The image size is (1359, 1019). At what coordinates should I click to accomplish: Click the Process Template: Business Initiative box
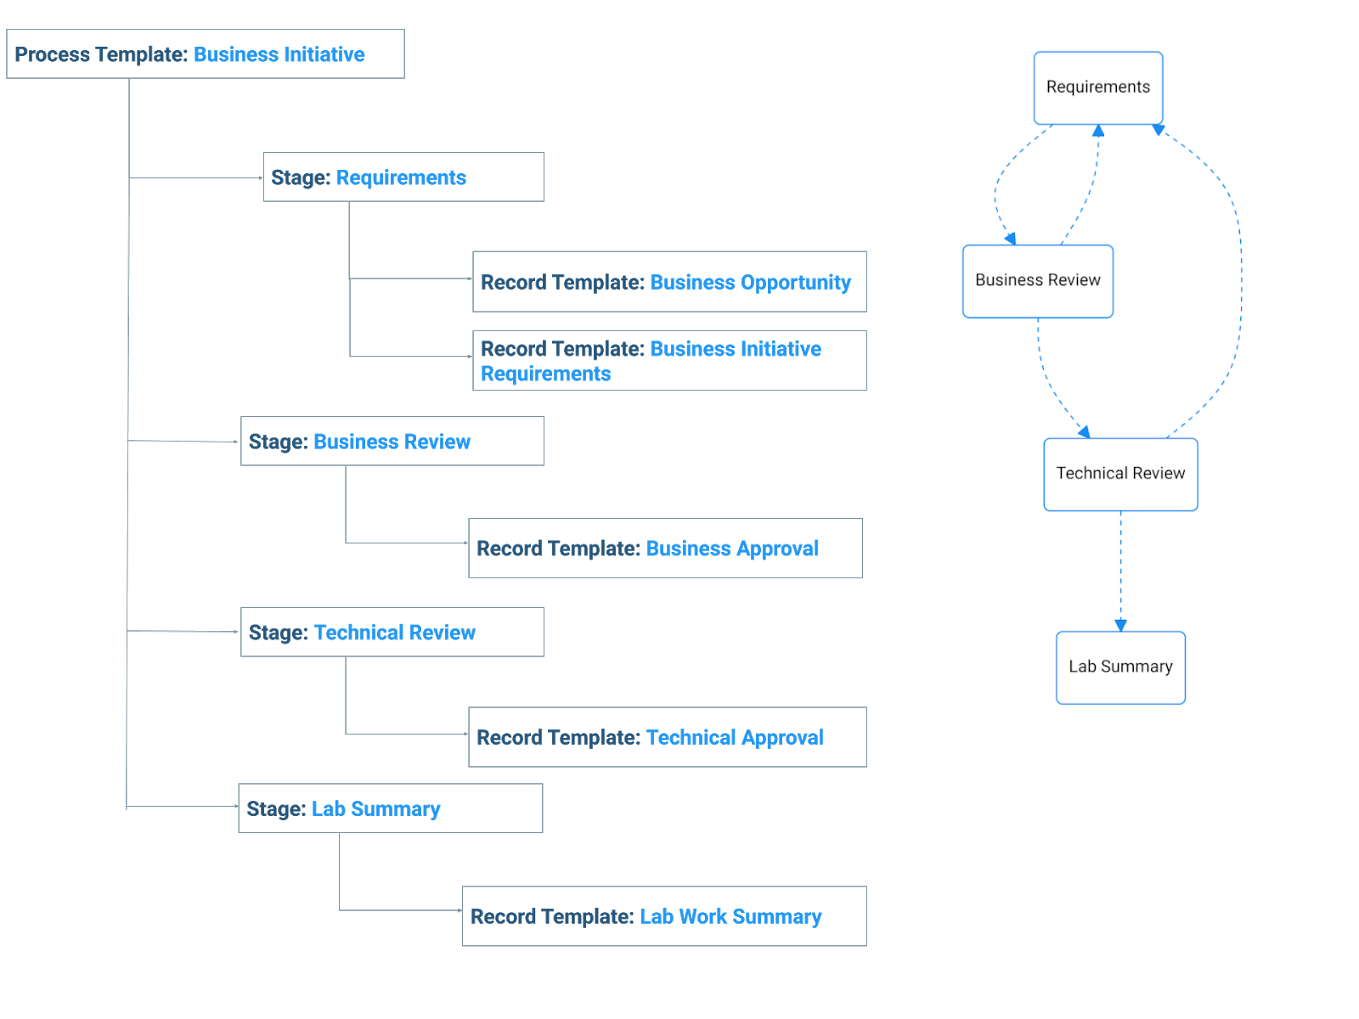pyautogui.click(x=205, y=53)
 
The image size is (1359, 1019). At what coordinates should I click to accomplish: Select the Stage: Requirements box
pyautogui.click(x=403, y=177)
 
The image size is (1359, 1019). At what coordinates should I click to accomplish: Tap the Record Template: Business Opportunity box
pyautogui.click(x=669, y=282)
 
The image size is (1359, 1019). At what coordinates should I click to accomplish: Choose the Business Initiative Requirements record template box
pyautogui.click(x=669, y=361)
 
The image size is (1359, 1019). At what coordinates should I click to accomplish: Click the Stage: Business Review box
pyautogui.click(x=392, y=441)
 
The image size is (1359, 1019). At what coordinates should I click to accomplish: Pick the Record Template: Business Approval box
pyautogui.click(x=666, y=549)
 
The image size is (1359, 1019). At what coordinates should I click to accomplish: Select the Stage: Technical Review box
pyautogui.click(x=392, y=632)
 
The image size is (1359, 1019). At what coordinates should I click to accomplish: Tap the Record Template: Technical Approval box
pyautogui.click(x=668, y=737)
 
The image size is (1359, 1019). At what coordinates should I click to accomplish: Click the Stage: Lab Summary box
pyautogui.click(x=391, y=808)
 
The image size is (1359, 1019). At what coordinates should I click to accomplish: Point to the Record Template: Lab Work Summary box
pyautogui.click(x=664, y=916)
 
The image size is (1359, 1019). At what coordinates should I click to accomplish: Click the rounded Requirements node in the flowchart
pyautogui.click(x=1097, y=87)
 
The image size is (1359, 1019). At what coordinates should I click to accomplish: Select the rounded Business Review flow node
pyautogui.click(x=1038, y=282)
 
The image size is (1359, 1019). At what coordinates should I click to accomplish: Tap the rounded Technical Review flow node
pyautogui.click(x=1120, y=475)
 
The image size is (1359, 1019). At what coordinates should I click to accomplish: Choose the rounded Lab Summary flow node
pyautogui.click(x=1120, y=667)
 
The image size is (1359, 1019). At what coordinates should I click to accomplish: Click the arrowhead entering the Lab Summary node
pyautogui.click(x=1120, y=626)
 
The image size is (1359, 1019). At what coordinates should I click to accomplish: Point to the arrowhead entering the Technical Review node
pyautogui.click(x=1084, y=432)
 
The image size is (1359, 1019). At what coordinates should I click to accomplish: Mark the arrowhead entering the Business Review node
pyautogui.click(x=1011, y=239)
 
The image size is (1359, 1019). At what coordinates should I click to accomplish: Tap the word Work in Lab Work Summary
pyautogui.click(x=702, y=916)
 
